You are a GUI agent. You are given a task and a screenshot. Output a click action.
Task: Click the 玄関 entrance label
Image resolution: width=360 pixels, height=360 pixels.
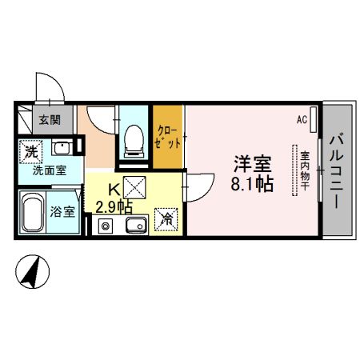click(x=50, y=121)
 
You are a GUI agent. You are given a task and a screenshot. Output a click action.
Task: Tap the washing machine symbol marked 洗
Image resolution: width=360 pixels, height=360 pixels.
click(x=30, y=149)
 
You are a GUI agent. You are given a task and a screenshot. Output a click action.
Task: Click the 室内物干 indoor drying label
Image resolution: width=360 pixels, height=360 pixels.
click(x=305, y=170)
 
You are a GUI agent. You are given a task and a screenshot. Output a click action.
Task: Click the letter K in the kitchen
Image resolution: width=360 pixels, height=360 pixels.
click(x=114, y=192)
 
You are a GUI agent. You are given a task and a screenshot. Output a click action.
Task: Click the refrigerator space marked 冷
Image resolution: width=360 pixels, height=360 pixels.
click(x=167, y=217)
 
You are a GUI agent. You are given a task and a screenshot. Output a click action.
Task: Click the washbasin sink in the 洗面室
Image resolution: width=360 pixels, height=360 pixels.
click(x=62, y=148)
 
